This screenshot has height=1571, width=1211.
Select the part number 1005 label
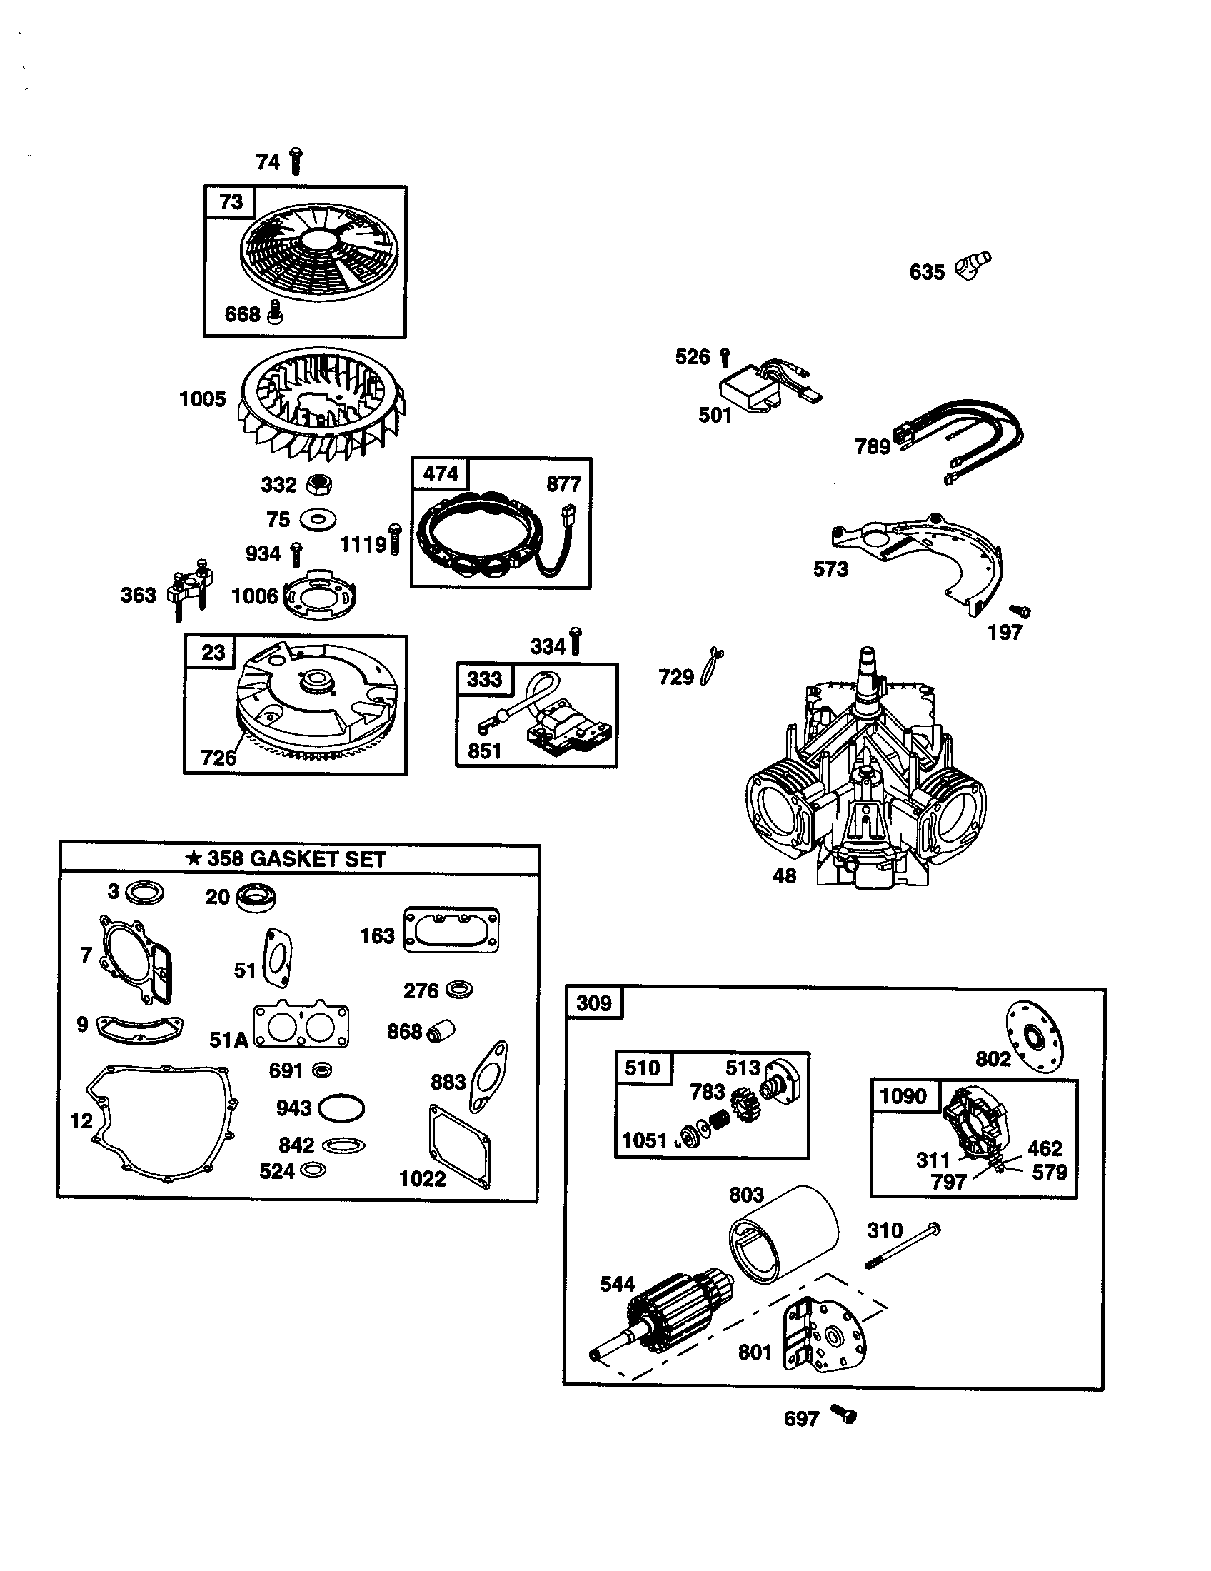[x=202, y=399]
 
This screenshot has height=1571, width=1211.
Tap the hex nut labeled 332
[x=318, y=485]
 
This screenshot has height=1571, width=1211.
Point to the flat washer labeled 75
[x=318, y=519]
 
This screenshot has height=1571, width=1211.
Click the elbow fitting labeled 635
[x=973, y=266]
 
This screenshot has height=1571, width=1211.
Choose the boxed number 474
[x=440, y=473]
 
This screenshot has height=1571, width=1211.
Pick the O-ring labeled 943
[x=341, y=1108]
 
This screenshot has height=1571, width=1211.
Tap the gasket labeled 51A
[x=301, y=1025]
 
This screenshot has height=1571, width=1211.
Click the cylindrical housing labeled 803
[x=785, y=1244]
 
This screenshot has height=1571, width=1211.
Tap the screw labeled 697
[x=843, y=1414]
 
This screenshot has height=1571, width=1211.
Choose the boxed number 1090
[x=903, y=1095]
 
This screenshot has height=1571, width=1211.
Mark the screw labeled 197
[x=1020, y=611]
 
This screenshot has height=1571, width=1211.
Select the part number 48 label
[x=784, y=875]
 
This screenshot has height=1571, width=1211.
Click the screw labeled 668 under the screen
[x=275, y=311]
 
